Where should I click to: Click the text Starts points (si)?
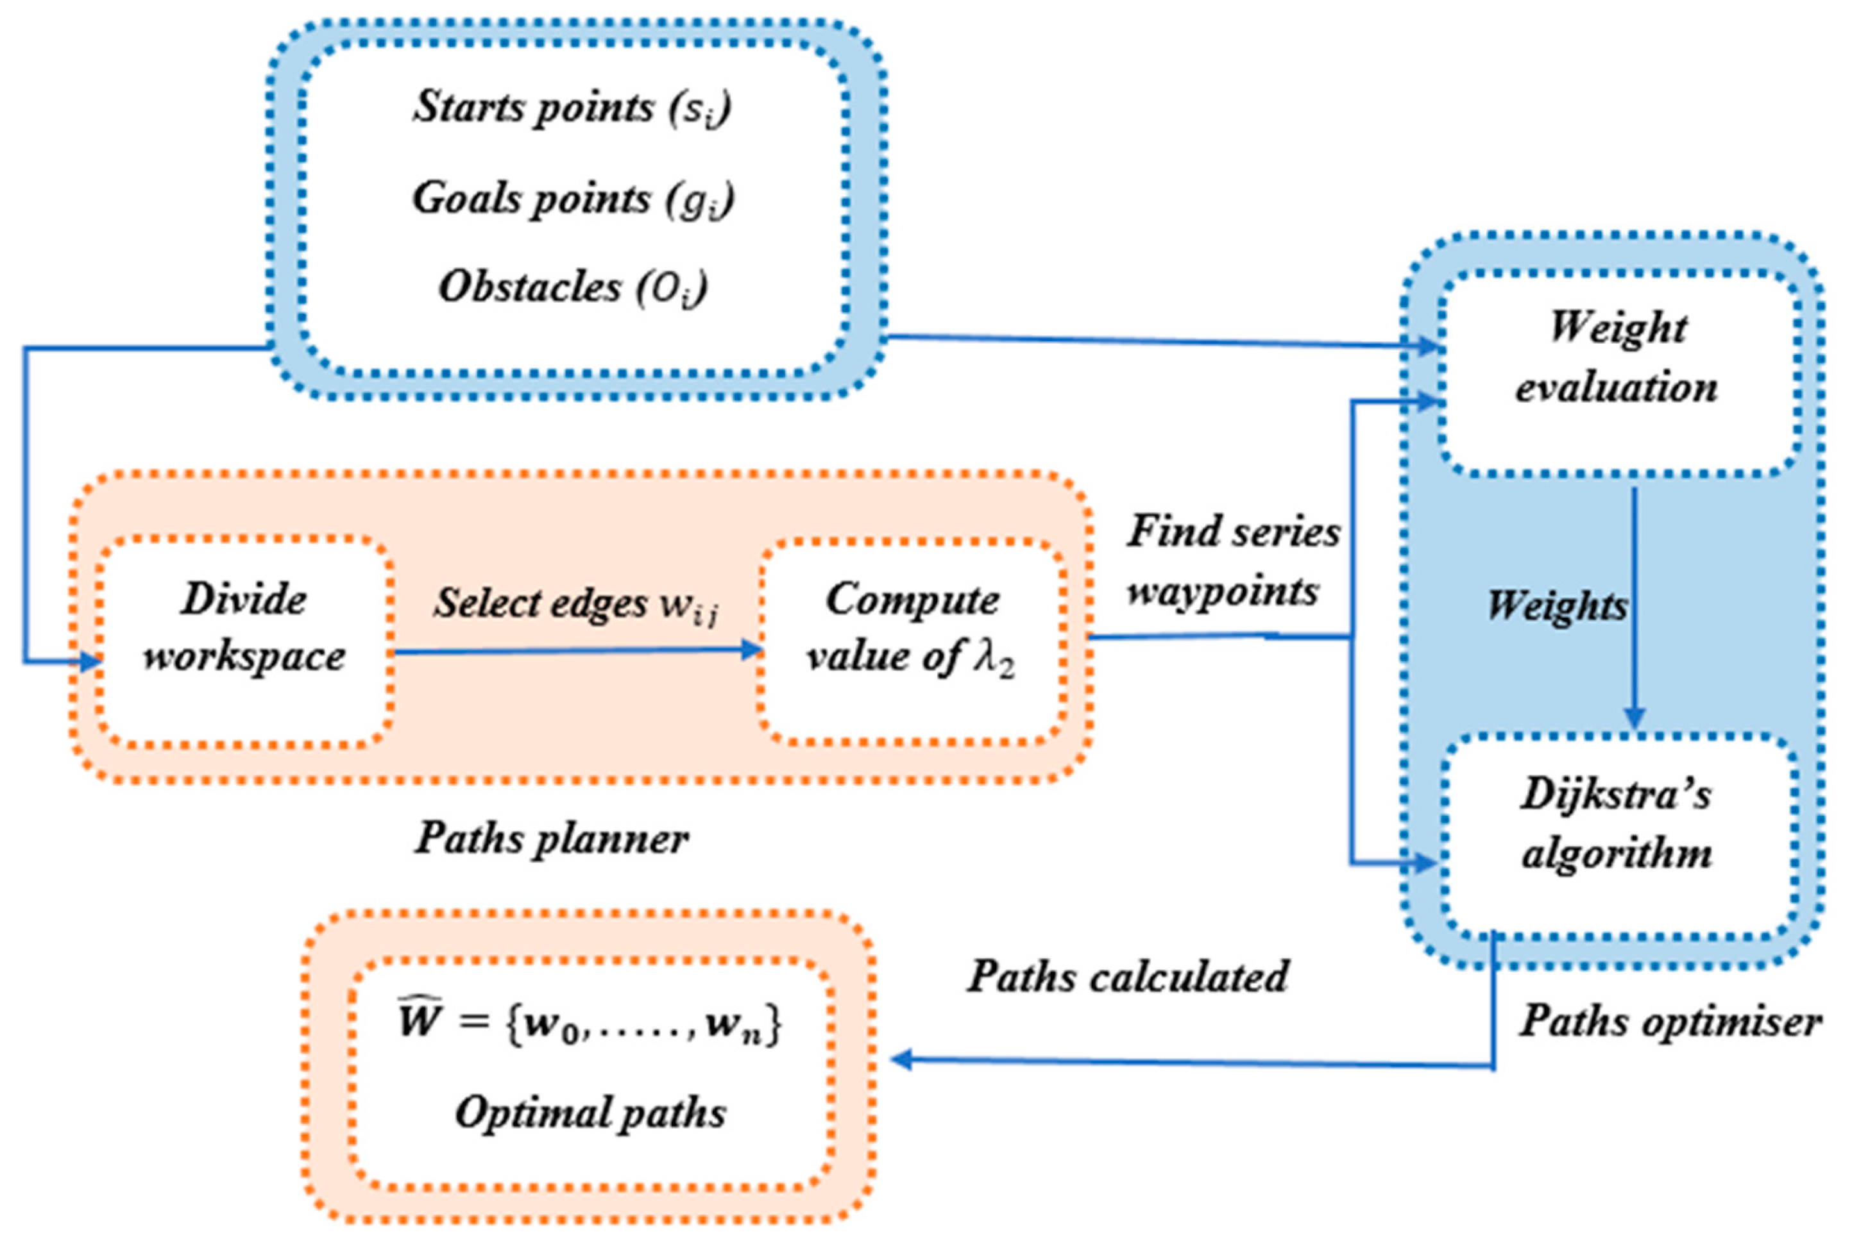click(x=572, y=106)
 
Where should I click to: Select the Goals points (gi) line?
click(x=572, y=198)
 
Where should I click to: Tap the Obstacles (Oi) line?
click(x=572, y=287)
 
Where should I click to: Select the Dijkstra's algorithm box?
click(x=1618, y=835)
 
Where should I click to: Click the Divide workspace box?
click(x=244, y=642)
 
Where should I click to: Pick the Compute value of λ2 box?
click(x=912, y=642)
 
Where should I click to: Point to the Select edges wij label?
click(x=575, y=603)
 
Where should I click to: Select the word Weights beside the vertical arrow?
click(x=1556, y=605)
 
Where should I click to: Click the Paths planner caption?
click(x=552, y=838)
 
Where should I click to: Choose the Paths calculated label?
click(x=1128, y=976)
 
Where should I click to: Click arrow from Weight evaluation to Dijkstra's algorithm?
click(x=1635, y=605)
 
